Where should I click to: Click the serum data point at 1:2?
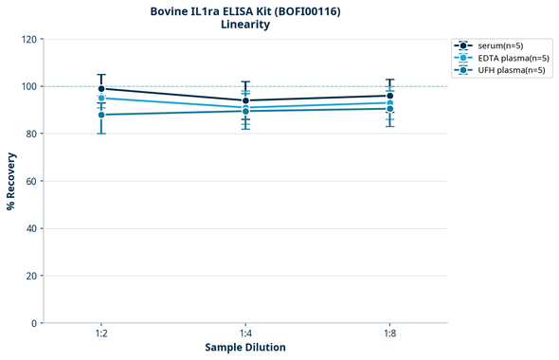[x=101, y=89]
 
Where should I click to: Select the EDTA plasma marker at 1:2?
[x=101, y=99]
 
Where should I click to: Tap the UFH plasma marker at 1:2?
[x=101, y=115]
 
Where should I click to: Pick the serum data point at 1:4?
[x=245, y=100]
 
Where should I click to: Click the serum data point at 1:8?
[x=389, y=96]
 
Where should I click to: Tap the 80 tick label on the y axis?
[x=28, y=135]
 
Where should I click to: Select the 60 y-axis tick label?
[x=28, y=181]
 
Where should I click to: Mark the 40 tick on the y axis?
[x=28, y=228]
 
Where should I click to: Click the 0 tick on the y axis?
[x=32, y=323]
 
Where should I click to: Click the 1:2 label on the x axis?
[x=101, y=334]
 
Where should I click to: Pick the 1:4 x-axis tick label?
[x=245, y=334]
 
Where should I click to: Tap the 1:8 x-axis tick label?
[x=389, y=334]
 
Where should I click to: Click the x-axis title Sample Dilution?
[x=245, y=348]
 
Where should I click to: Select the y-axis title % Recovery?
[x=11, y=180]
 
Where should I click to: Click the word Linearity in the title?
[x=245, y=25]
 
